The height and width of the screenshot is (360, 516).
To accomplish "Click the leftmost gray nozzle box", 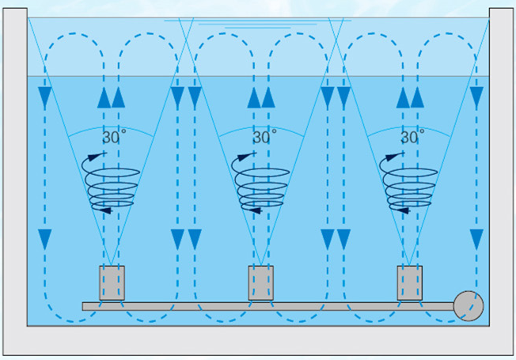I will (x=112, y=283).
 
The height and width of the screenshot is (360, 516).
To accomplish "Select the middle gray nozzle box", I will (x=261, y=283).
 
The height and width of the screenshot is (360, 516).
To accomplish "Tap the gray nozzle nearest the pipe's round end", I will (x=409, y=283).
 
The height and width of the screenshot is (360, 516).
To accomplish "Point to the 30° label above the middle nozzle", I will (x=261, y=137).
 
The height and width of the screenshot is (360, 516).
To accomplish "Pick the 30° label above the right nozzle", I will (x=411, y=137).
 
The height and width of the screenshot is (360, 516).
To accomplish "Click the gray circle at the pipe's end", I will (x=469, y=305).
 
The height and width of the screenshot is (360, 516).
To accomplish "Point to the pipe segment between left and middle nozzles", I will (x=186, y=305).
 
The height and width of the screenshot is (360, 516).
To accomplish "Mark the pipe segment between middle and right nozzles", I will (x=335, y=305).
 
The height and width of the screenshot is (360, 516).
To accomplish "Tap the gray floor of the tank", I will (x=257, y=341).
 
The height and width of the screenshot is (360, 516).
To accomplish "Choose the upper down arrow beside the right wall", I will (x=476, y=98).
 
